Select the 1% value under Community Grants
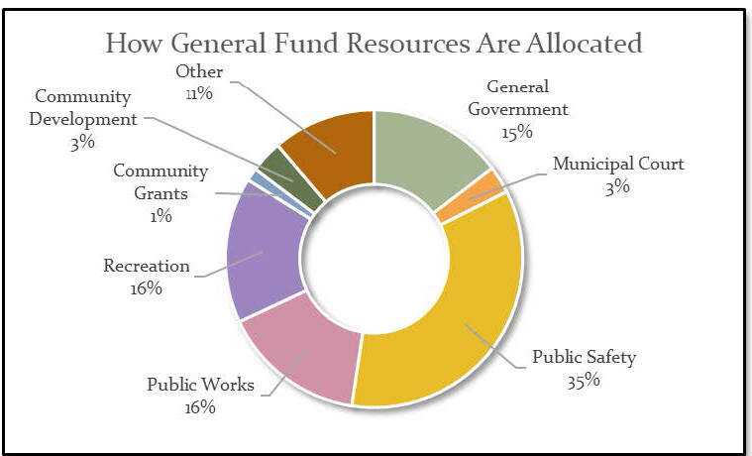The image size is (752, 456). (x=161, y=216)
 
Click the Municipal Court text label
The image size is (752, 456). (x=617, y=164)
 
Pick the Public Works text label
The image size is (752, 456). (x=200, y=385)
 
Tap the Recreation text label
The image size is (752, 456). (x=147, y=266)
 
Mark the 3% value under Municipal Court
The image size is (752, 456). (x=618, y=186)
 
